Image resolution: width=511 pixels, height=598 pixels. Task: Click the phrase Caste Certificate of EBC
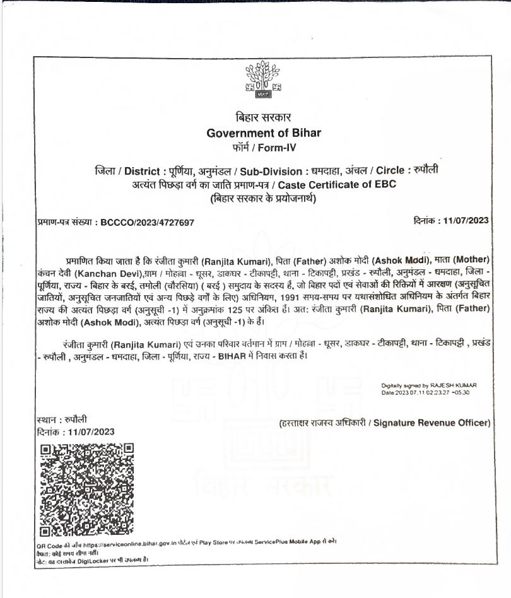pyautogui.click(x=336, y=185)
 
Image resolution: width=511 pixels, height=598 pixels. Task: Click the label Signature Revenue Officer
pyautogui.click(x=432, y=423)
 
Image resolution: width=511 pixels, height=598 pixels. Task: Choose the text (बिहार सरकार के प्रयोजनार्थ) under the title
pyautogui.click(x=262, y=199)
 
